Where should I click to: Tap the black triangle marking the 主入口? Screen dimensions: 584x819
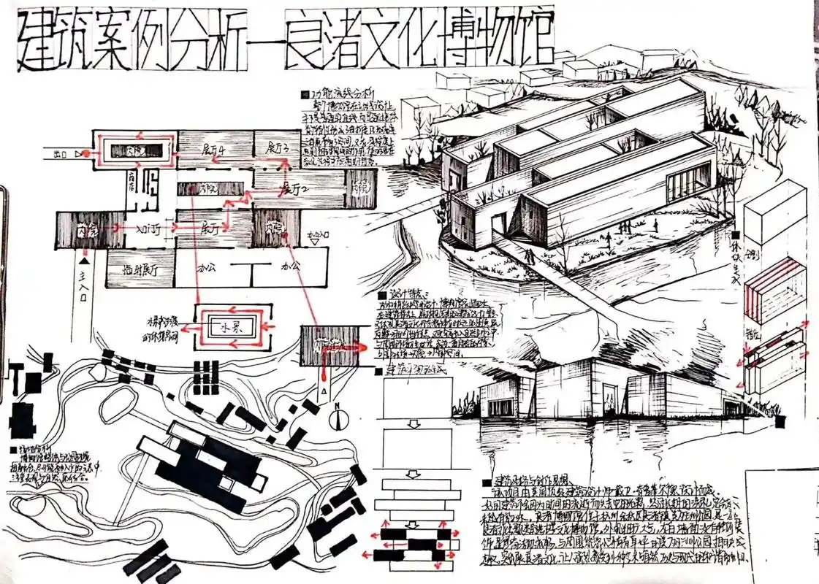(x=85, y=259)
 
